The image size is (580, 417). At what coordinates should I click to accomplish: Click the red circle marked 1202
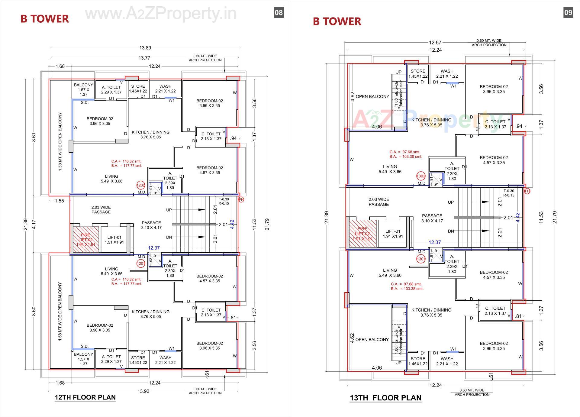(x=141, y=185)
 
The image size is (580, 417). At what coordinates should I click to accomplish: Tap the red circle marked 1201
(x=141, y=264)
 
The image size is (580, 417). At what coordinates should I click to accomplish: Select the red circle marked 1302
(x=421, y=176)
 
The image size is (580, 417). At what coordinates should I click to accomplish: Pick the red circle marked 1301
(x=421, y=259)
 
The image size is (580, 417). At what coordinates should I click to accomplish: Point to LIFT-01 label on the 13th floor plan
(x=393, y=234)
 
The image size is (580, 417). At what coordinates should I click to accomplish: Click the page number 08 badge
(x=279, y=12)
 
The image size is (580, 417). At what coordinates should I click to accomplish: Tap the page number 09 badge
(x=568, y=12)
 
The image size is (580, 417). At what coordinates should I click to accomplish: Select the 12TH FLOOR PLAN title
(x=85, y=397)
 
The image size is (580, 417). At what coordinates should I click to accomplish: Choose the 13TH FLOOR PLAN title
(x=385, y=398)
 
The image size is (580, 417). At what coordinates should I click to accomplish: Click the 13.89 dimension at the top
(x=145, y=48)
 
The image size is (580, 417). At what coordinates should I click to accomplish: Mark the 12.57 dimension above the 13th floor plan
(x=435, y=43)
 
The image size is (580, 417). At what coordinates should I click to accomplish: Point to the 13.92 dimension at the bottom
(x=143, y=391)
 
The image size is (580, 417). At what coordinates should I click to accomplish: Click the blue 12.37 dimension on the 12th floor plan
(x=154, y=248)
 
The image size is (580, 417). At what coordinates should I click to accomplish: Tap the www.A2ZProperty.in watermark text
(x=161, y=14)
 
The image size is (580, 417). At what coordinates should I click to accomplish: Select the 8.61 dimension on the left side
(x=34, y=137)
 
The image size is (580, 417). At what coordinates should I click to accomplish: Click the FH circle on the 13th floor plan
(x=527, y=191)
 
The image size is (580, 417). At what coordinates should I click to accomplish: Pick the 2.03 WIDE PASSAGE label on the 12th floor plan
(x=101, y=210)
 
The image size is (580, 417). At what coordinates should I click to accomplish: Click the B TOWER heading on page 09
(x=337, y=21)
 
